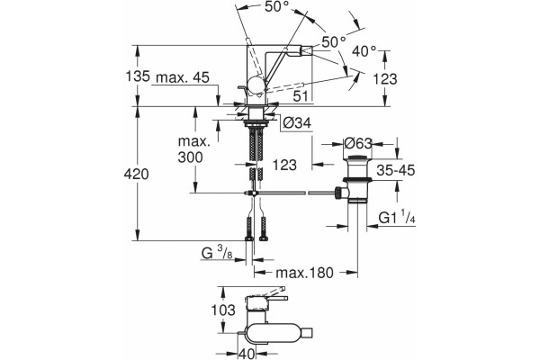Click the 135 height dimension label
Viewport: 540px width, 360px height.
(138, 76)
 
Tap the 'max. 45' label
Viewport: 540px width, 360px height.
(183, 78)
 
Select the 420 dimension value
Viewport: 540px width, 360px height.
(137, 175)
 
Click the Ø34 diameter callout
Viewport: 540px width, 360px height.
(297, 122)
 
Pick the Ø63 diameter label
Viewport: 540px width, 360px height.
(358, 143)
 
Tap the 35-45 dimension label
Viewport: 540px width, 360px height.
(396, 170)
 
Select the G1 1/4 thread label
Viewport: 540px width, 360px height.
(397, 218)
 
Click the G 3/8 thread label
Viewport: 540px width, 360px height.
(217, 254)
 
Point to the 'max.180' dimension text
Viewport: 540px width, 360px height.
(305, 273)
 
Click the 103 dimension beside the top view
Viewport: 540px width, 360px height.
(223, 310)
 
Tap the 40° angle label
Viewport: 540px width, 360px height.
(364, 51)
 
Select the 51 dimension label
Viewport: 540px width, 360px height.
(301, 96)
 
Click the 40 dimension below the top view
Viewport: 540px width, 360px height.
(247, 354)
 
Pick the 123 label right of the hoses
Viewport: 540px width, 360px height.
(284, 165)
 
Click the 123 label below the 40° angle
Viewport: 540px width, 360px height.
(385, 79)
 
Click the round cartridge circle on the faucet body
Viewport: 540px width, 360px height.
(256, 85)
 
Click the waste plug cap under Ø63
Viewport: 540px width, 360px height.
(357, 158)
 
